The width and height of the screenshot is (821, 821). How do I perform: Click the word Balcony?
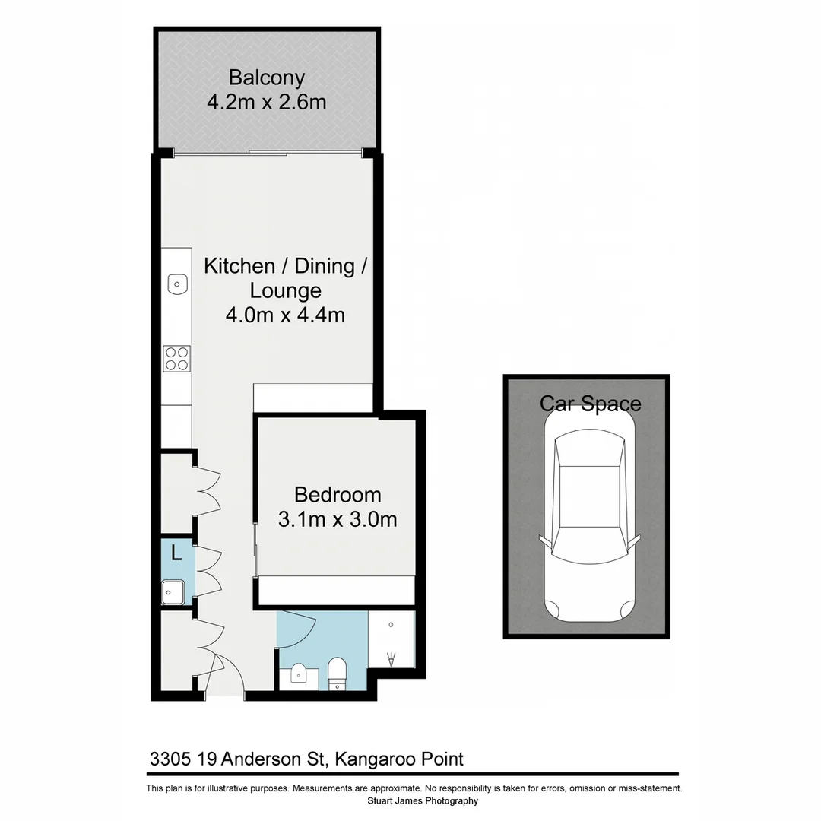[x=266, y=78]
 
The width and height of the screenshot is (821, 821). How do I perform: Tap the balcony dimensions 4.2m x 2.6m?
[x=266, y=102]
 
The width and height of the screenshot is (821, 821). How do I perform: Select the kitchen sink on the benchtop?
[x=176, y=284]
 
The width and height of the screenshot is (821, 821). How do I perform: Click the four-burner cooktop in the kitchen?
[x=176, y=358]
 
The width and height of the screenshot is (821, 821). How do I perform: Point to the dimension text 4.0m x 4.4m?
[x=285, y=314]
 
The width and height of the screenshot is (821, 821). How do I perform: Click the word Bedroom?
[x=338, y=495]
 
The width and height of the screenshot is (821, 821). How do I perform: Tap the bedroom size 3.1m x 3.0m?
[x=338, y=519]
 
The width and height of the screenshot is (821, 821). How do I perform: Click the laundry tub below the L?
[x=173, y=591]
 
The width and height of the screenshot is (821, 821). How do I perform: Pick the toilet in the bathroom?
[x=336, y=673]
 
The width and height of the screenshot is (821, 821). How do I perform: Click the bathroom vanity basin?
[x=299, y=674]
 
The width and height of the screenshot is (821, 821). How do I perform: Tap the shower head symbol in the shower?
[x=391, y=658]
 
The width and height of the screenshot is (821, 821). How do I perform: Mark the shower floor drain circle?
[x=391, y=624]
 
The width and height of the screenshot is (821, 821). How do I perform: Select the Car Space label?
[x=590, y=403]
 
